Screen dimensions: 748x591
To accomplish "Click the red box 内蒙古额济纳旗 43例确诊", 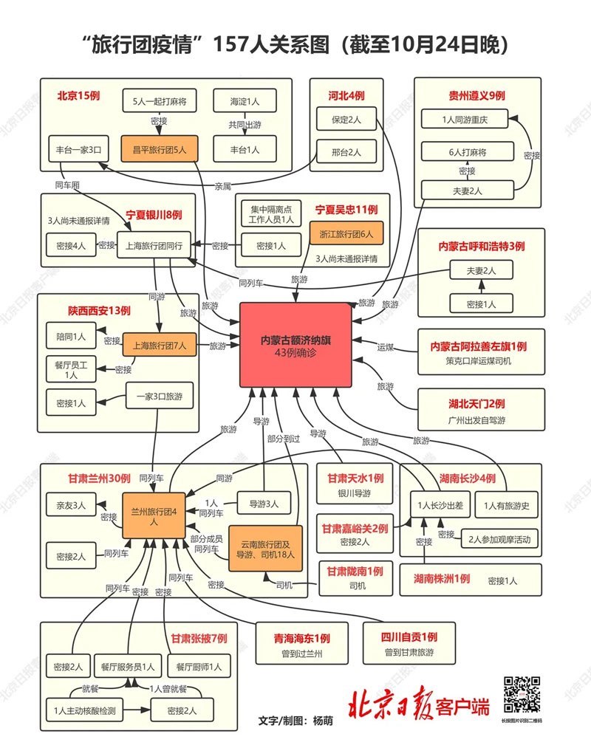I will (x=295, y=345).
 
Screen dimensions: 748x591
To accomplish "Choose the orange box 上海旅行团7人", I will (x=160, y=345).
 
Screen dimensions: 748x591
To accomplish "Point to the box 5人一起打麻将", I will (x=159, y=100).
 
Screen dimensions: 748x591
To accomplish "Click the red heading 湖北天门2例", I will (x=477, y=403).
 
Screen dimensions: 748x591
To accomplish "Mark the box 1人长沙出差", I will (x=440, y=506).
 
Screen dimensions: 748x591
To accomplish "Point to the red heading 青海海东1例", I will (x=301, y=638).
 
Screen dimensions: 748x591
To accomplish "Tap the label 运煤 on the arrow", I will (x=385, y=346).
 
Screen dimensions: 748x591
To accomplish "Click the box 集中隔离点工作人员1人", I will (x=267, y=213).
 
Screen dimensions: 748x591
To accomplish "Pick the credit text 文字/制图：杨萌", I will (x=295, y=720).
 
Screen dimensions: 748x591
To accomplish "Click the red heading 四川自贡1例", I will (x=409, y=637).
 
